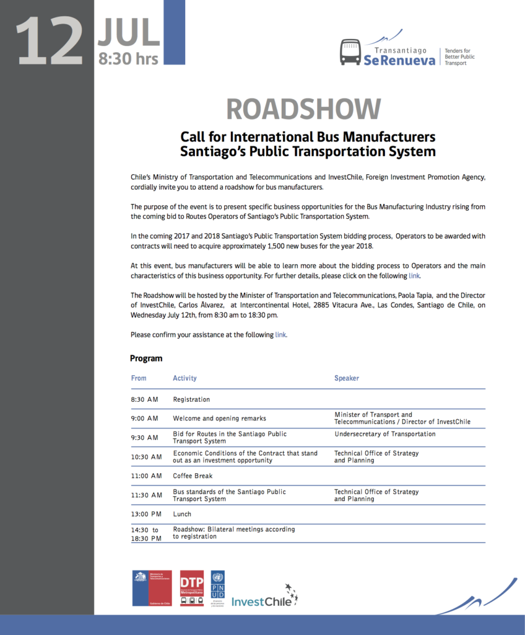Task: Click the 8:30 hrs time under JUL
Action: click(x=129, y=60)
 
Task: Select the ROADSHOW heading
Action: click(x=303, y=109)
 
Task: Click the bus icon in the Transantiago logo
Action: click(x=350, y=52)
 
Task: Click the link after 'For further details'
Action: click(x=414, y=275)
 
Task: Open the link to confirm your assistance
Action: click(x=280, y=334)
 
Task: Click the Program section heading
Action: click(x=146, y=358)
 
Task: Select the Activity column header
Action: click(x=184, y=378)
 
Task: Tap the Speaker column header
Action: click(x=347, y=378)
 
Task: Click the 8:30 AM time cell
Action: click(x=144, y=399)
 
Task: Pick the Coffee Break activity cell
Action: click(x=193, y=476)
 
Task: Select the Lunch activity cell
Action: click(x=182, y=514)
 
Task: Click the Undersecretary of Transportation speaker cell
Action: click(x=384, y=434)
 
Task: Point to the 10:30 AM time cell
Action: click(x=146, y=457)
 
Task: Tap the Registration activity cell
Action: click(x=191, y=399)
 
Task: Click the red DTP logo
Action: click(x=191, y=588)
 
